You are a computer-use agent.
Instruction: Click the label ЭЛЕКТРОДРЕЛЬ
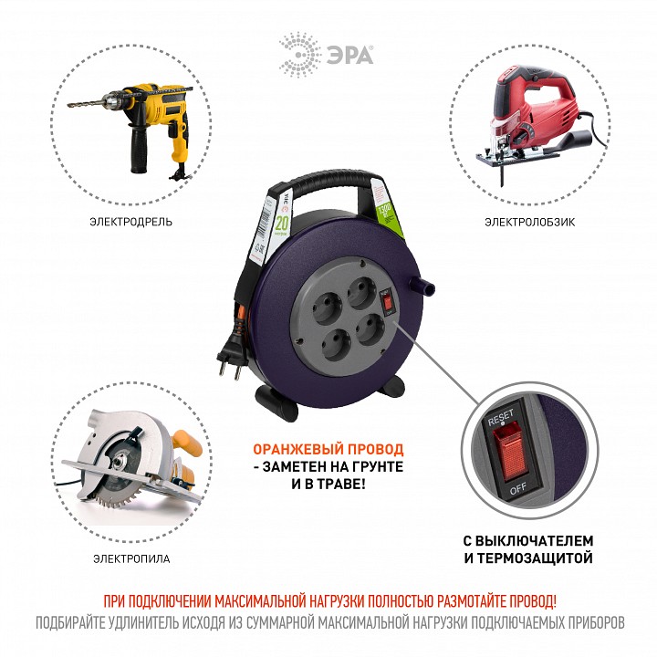[x=131, y=221]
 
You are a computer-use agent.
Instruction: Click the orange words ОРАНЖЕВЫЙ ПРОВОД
[x=328, y=450]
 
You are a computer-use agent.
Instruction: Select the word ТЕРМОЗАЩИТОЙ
[x=533, y=558]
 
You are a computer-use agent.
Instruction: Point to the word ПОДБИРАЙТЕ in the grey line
[x=78, y=624]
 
